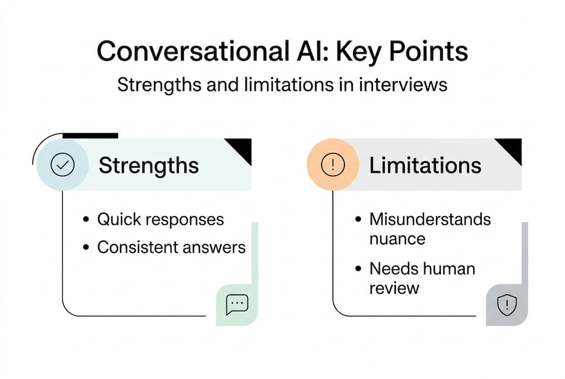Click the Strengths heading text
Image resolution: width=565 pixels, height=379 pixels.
149,166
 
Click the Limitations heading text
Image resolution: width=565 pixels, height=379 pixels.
425,166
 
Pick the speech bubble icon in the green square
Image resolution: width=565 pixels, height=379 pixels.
237,304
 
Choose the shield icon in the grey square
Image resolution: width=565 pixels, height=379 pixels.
507,305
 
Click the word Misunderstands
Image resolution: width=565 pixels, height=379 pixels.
430,219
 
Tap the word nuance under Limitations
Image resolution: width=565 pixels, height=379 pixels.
397,238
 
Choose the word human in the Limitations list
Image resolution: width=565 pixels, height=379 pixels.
448,269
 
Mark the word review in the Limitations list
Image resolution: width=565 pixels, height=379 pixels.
394,288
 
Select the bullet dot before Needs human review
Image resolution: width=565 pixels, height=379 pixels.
359,269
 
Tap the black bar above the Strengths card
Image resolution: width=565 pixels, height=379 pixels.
90,136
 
